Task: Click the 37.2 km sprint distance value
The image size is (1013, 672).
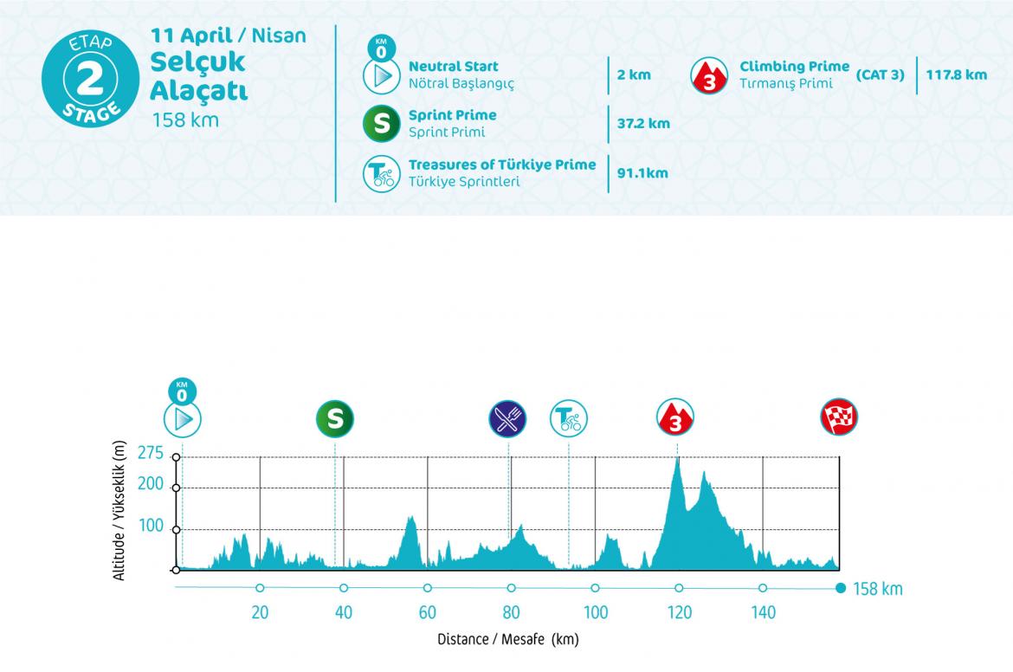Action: [643, 124]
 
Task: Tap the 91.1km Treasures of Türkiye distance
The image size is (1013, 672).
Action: [642, 173]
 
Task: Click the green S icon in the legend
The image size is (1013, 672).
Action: [380, 125]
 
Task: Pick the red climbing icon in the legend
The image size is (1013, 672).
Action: [708, 75]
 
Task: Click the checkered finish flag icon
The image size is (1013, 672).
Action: [839, 419]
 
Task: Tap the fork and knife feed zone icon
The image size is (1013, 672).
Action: [507, 419]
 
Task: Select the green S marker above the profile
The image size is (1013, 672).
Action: [335, 419]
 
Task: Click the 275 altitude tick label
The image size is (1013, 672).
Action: [150, 452]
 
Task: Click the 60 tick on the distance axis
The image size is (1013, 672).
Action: [428, 612]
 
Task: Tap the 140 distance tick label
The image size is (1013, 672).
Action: [763, 612]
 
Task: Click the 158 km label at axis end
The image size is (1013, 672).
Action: [878, 590]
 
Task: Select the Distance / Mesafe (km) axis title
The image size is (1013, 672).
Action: [507, 641]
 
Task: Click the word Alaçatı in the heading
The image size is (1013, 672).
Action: [198, 91]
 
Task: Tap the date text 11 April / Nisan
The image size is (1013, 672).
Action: [228, 36]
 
